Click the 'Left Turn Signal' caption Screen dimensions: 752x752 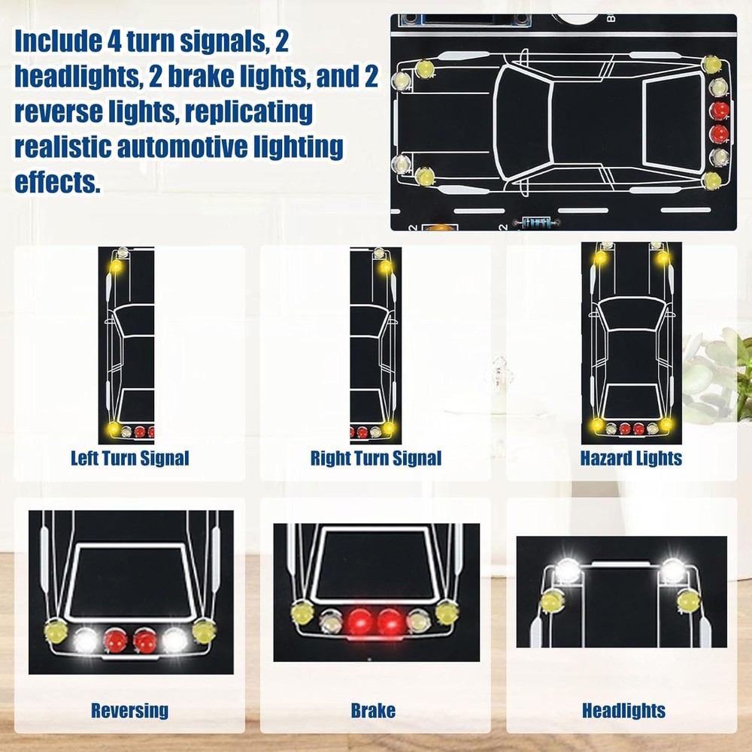click(x=129, y=458)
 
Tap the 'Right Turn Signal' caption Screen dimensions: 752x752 click(x=375, y=458)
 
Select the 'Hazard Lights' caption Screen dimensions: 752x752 click(x=631, y=458)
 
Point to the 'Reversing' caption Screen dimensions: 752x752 click(x=129, y=711)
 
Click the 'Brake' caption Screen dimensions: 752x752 click(x=373, y=711)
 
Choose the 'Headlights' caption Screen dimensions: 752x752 click(x=623, y=711)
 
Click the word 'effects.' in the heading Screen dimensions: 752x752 click(x=58, y=182)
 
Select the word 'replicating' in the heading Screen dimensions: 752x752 click(x=248, y=112)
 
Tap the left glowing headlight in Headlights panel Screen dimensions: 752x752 click(x=567, y=570)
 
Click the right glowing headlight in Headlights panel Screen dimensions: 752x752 click(x=672, y=570)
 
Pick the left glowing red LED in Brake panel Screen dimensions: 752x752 click(x=360, y=622)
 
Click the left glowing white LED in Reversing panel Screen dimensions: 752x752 click(x=86, y=640)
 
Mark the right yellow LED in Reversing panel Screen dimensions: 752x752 click(x=204, y=631)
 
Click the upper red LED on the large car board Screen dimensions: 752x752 click(x=719, y=111)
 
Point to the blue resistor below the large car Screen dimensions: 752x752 click(x=536, y=223)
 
